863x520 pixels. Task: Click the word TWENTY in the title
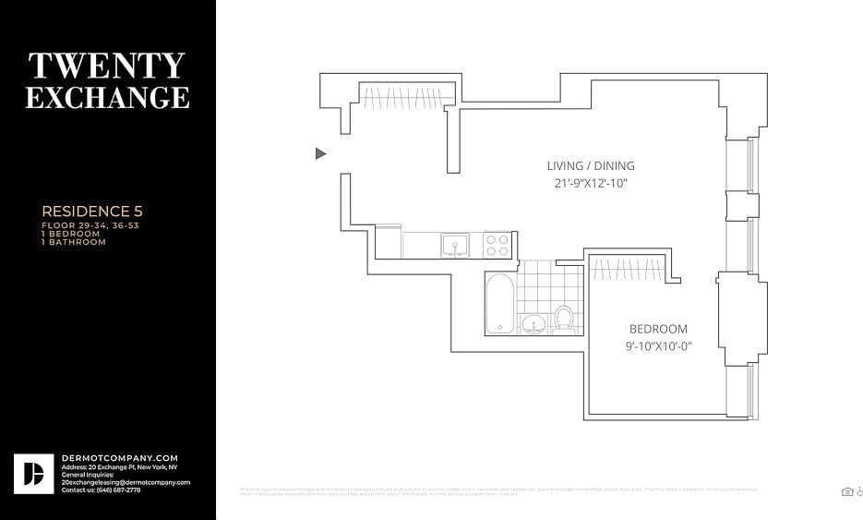pos(107,67)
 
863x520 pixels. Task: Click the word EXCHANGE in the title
pos(107,97)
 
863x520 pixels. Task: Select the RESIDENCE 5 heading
pos(92,212)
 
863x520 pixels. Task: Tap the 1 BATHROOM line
pos(74,242)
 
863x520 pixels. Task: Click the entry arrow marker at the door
pos(320,153)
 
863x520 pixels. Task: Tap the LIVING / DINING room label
pos(591,166)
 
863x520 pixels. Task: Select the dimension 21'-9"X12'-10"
pos(591,183)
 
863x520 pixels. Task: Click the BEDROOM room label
pos(658,329)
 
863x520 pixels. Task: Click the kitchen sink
pos(454,245)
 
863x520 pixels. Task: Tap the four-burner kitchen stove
pos(497,245)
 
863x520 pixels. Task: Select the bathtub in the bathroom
pos(499,303)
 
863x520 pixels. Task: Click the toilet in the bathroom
pos(563,319)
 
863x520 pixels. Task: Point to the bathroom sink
pos(533,324)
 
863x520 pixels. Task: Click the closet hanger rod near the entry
pos(405,95)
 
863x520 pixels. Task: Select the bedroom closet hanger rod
pos(628,269)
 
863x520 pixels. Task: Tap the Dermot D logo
pos(32,473)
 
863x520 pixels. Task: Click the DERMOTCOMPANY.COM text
pos(119,458)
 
